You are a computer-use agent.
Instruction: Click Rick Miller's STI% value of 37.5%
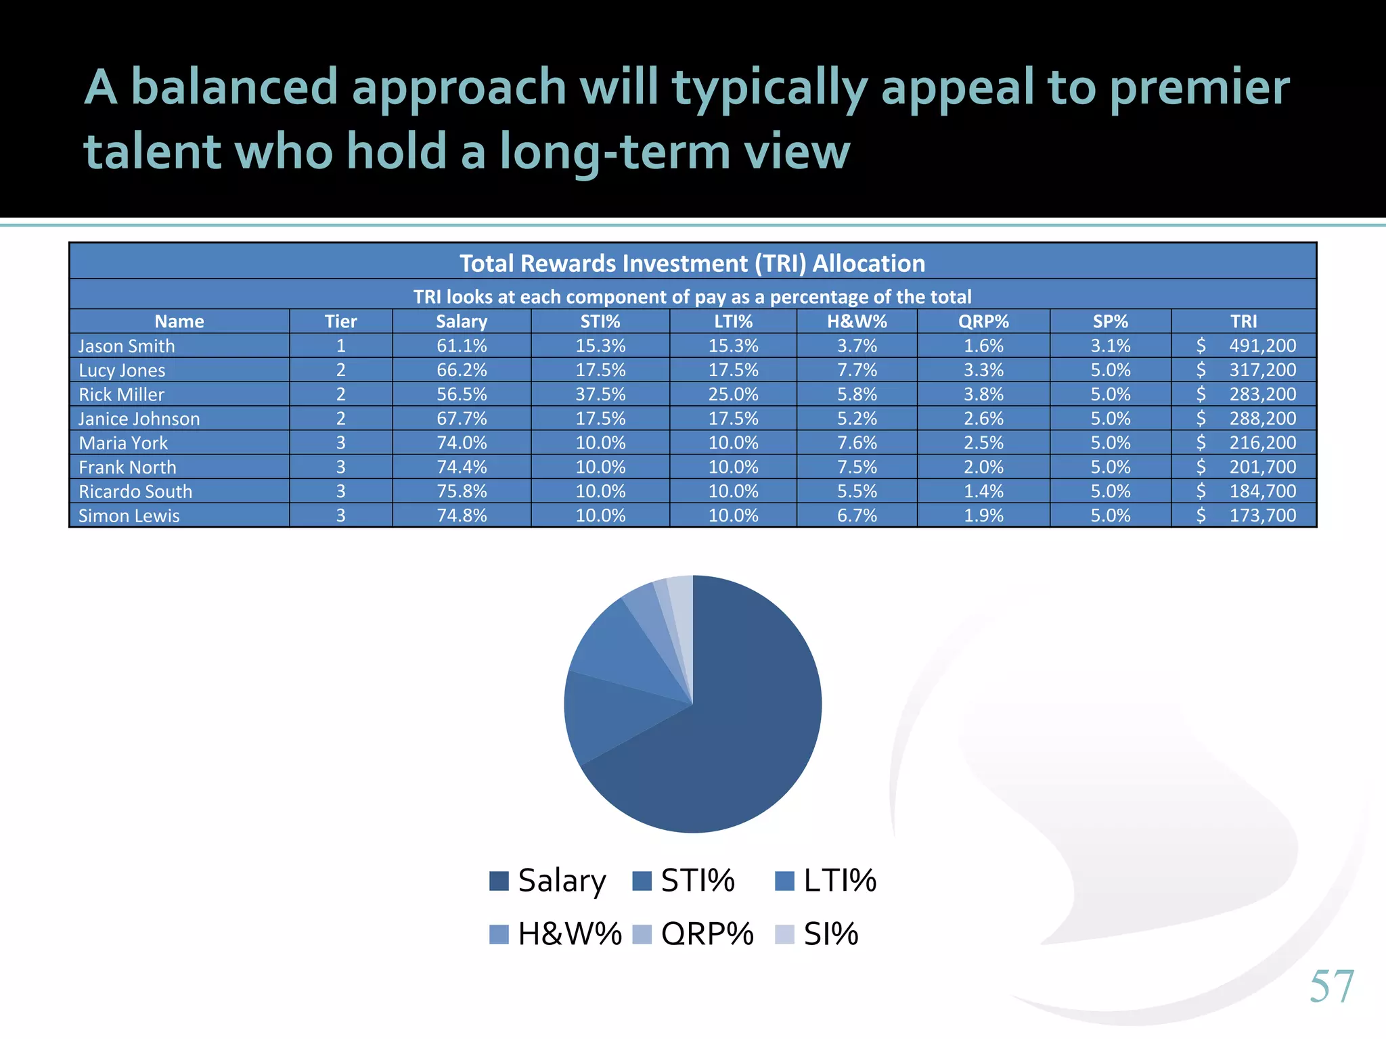pos(600,394)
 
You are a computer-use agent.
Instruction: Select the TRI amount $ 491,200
pos(1245,346)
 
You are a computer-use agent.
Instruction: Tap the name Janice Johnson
pos(139,419)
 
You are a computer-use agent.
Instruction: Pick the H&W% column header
pos(857,321)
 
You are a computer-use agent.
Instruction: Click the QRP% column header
pos(983,321)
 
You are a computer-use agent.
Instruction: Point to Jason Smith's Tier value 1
pos(340,346)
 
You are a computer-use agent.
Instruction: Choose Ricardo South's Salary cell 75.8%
pos(462,491)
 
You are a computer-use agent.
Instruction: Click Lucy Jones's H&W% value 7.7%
pos(857,370)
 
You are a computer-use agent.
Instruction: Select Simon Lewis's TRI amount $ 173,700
pos(1245,515)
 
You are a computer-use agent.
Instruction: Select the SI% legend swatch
pos(784,934)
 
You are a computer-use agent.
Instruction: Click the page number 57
pos(1331,986)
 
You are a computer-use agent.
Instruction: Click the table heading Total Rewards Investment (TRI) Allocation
pos(692,263)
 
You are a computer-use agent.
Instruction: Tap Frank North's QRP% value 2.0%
pos(983,467)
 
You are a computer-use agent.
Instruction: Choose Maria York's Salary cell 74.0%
pos(462,443)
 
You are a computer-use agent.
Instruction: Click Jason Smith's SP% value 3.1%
pos(1110,346)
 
